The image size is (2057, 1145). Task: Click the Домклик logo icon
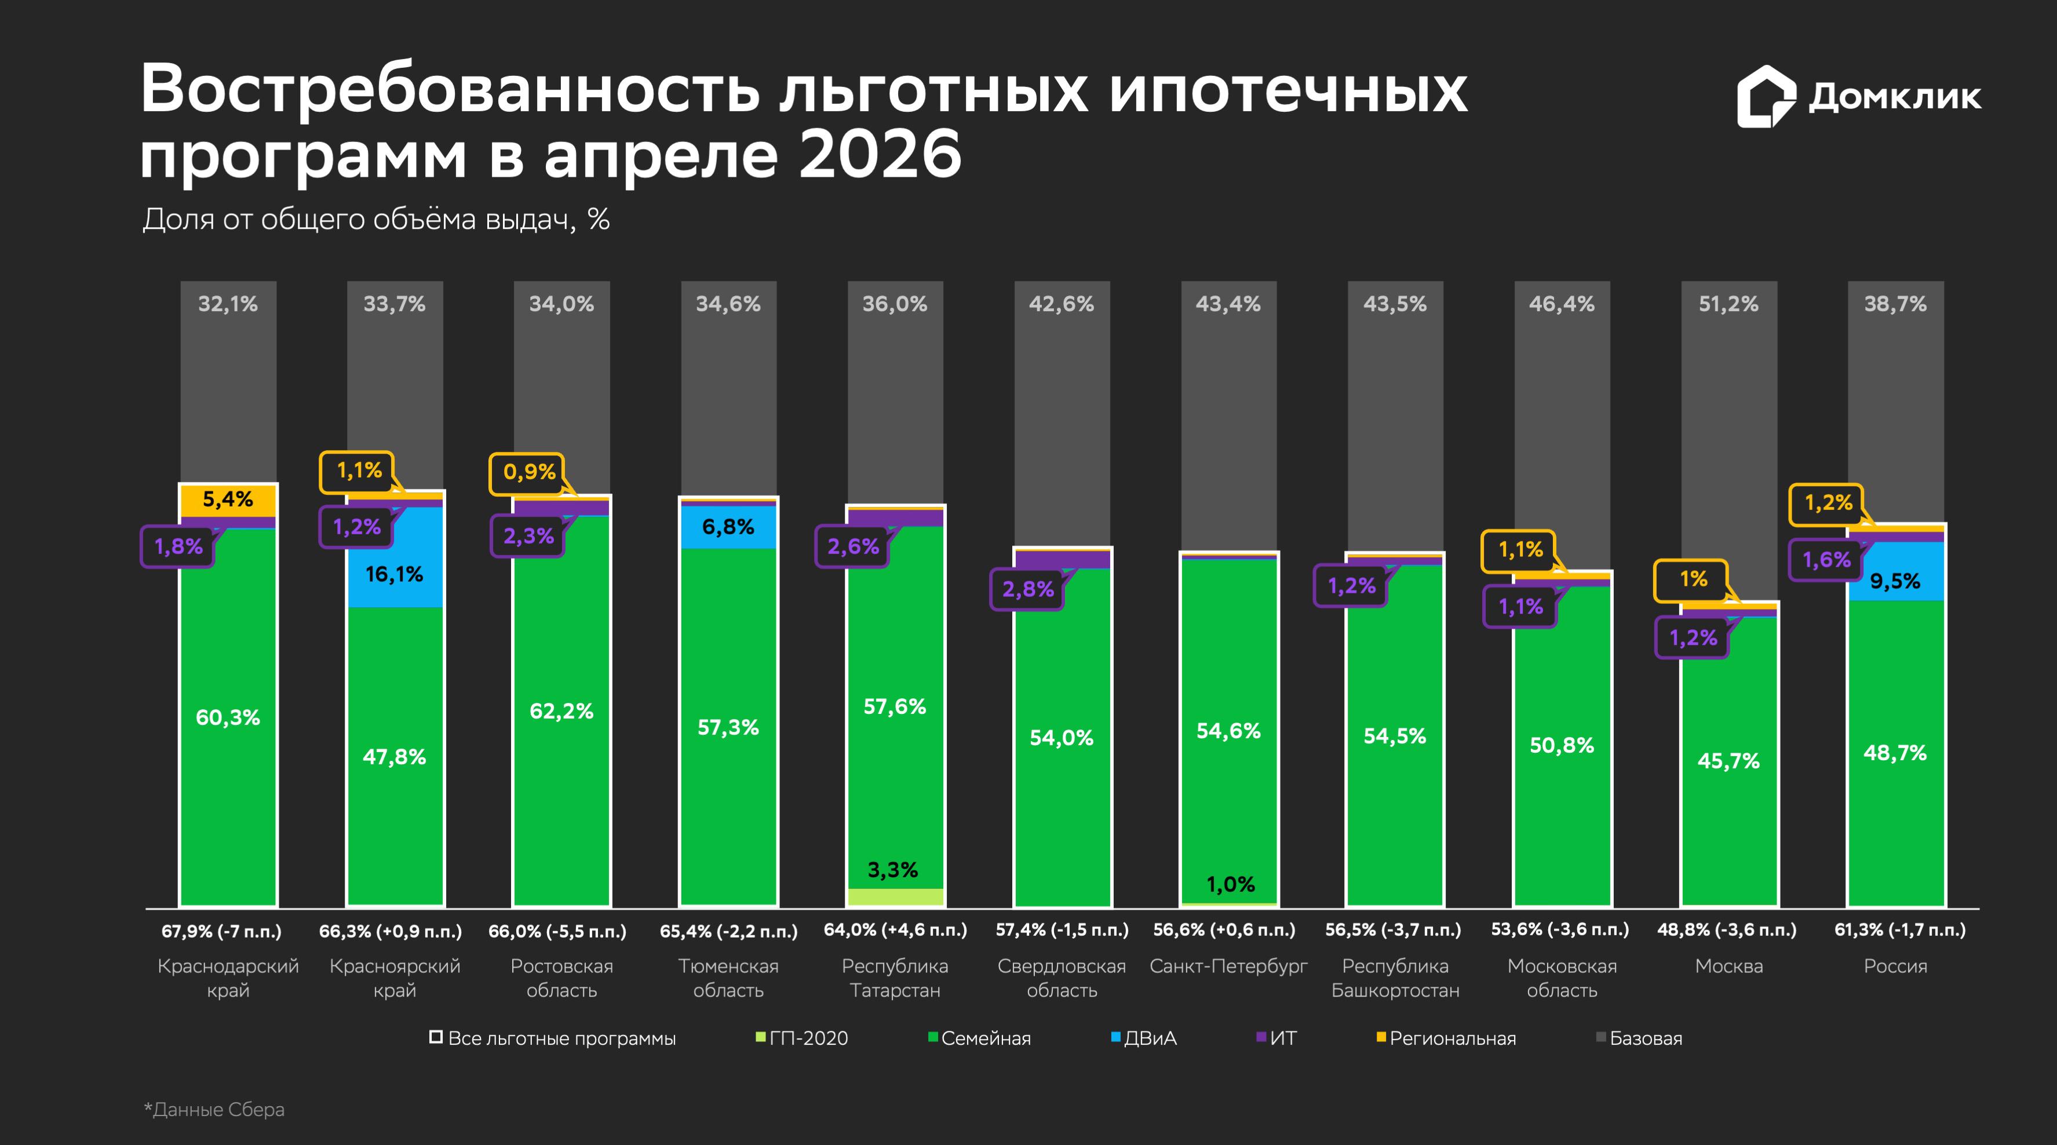[x=1766, y=97]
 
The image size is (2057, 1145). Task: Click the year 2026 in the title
[x=880, y=154]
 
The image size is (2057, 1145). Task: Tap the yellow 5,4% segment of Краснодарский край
[x=228, y=501]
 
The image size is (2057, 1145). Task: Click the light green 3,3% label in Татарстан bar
[x=893, y=870]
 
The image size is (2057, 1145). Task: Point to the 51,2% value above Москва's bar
[x=1729, y=304]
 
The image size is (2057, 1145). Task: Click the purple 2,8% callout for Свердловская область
[x=1028, y=589]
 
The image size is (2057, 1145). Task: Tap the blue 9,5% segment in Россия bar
[x=1896, y=571]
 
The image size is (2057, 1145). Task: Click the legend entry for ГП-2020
[x=803, y=1038]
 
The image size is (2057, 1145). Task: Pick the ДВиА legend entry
[x=1144, y=1038]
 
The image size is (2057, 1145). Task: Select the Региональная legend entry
[x=1446, y=1038]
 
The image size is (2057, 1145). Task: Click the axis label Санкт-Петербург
[x=1228, y=966]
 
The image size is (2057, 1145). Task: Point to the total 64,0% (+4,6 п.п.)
[x=895, y=930]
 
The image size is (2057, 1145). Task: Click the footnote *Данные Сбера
[x=214, y=1110]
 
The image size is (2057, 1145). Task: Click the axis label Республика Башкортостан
[x=1395, y=978]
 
